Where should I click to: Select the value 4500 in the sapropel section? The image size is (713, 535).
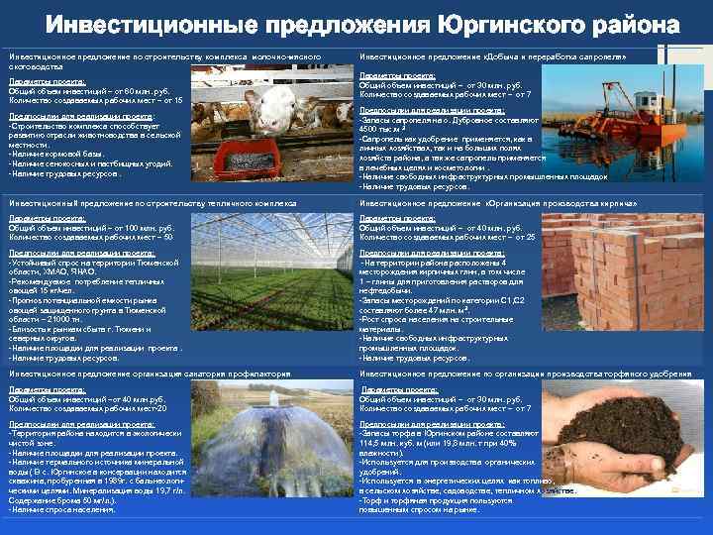click(369, 129)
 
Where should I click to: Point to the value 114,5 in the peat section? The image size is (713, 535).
click(371, 443)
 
